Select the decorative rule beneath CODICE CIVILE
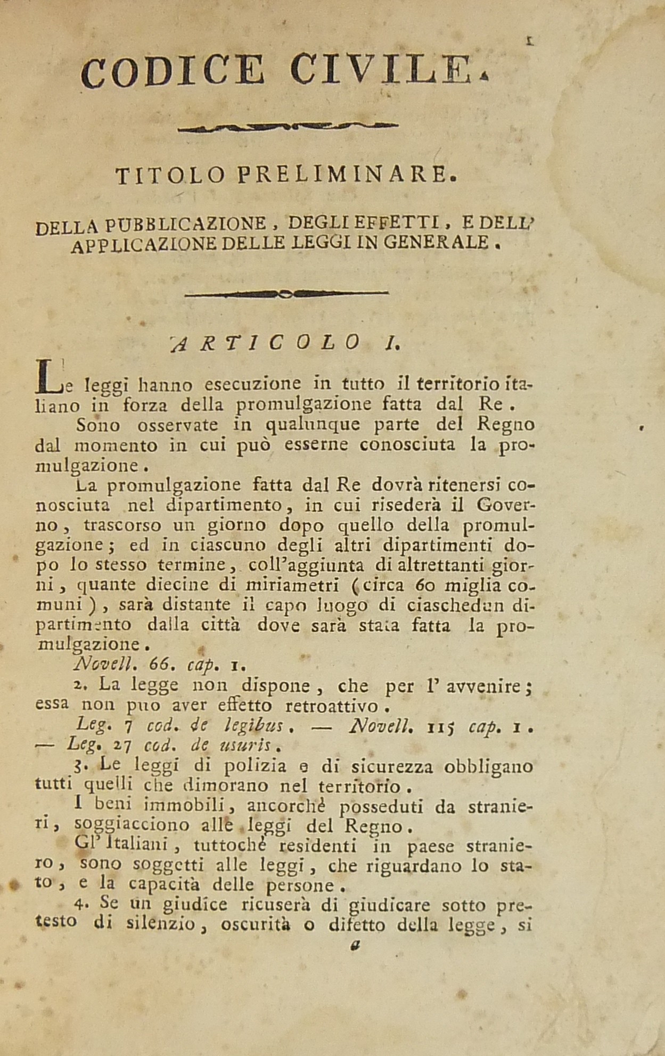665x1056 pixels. tap(288, 127)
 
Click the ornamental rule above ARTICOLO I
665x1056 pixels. tap(286, 292)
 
